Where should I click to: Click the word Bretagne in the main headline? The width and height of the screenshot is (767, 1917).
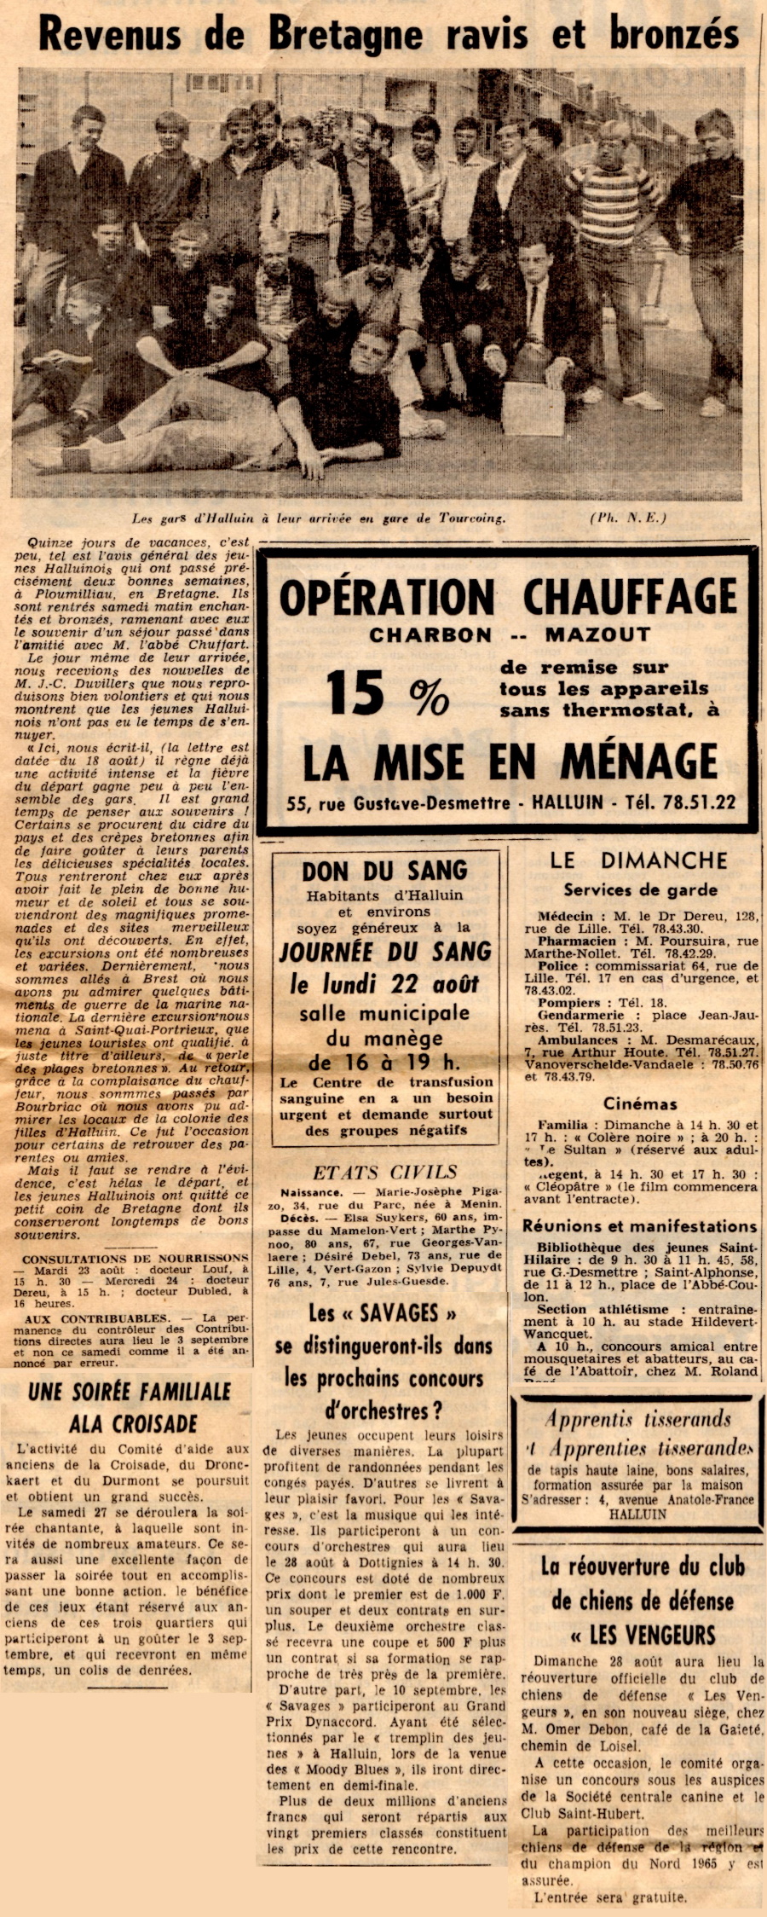tap(345, 36)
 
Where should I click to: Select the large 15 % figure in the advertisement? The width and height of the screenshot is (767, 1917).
tap(387, 692)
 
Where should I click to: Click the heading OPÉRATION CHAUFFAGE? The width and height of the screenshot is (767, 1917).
tap(508, 596)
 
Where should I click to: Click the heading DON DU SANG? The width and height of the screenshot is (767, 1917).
tap(384, 871)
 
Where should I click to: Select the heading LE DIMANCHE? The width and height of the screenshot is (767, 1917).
tap(638, 860)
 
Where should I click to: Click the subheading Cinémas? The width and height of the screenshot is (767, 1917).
tap(640, 1104)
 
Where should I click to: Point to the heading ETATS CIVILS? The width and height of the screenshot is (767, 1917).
tap(384, 1173)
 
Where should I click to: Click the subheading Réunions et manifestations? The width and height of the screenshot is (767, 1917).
tap(639, 1226)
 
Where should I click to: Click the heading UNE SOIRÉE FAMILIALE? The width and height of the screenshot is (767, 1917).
tap(129, 1392)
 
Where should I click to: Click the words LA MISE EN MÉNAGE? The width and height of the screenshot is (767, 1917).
tap(510, 762)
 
